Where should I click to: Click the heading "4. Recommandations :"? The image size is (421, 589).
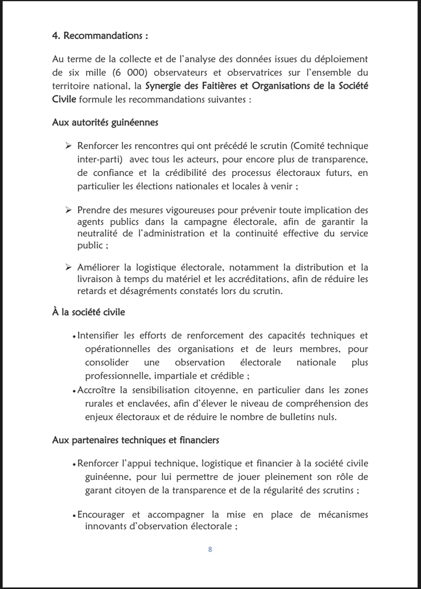(100, 36)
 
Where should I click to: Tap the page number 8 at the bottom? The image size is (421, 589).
(210, 549)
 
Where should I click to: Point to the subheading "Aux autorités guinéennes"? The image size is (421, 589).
(105, 123)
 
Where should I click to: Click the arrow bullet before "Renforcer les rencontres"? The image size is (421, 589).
(68, 146)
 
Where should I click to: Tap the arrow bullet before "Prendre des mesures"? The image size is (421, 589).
(68, 210)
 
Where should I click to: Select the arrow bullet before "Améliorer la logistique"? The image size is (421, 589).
(68, 267)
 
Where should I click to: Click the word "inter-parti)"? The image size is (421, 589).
(100, 159)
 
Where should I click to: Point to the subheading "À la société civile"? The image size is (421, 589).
(88, 312)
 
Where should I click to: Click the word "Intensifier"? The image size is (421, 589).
(98, 336)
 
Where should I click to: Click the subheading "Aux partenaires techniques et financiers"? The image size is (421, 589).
(135, 440)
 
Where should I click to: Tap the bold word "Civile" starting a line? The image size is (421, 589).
(64, 99)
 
